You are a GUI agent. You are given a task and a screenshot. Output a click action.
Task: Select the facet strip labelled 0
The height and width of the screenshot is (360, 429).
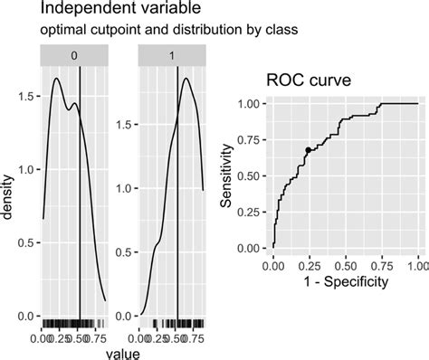tap(74, 56)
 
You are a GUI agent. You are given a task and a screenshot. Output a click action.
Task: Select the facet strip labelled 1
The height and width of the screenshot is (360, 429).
tap(173, 56)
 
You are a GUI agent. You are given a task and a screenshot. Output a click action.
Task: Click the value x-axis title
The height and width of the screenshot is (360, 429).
tap(124, 353)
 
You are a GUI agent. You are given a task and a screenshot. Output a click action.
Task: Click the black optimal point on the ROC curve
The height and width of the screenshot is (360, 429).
tap(308, 150)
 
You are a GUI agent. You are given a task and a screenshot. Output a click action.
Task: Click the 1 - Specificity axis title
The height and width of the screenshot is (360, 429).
tap(346, 282)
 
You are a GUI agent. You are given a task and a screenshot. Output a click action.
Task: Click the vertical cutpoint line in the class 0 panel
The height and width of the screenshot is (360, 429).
tap(80, 199)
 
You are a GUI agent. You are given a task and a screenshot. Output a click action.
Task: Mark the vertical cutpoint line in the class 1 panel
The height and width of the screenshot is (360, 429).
tap(178, 199)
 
